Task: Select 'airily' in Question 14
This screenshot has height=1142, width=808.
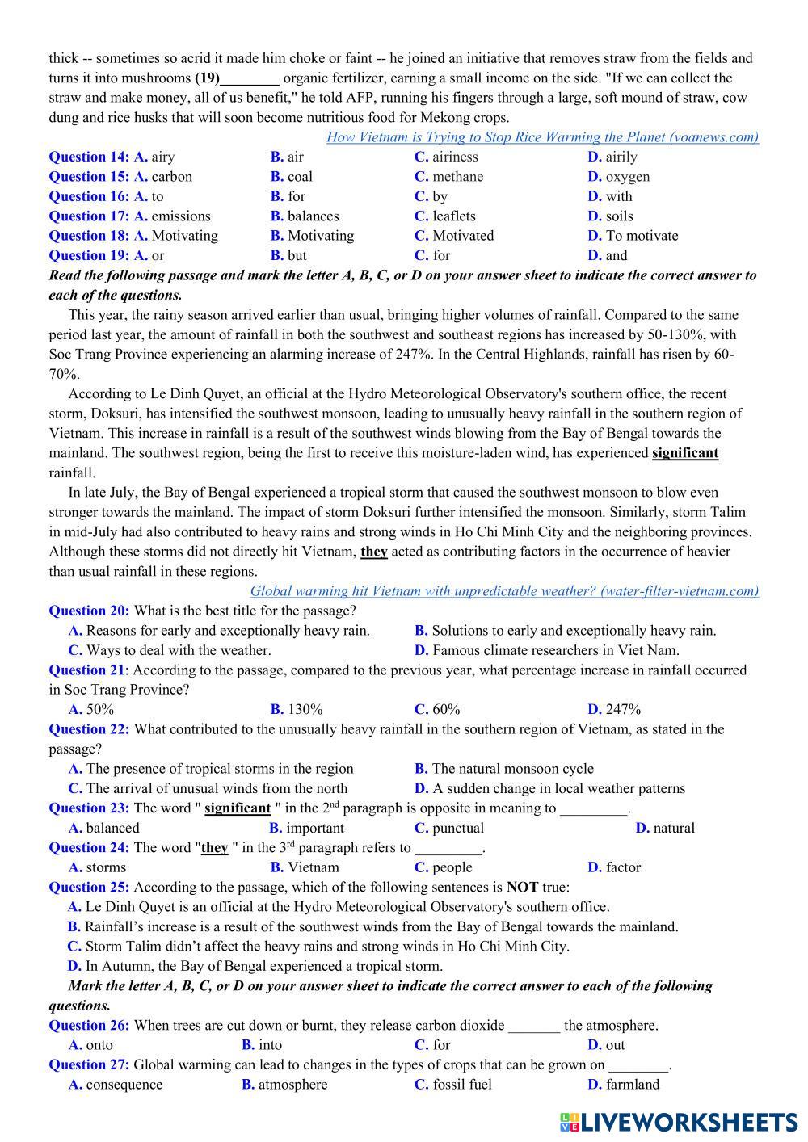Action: coord(621,157)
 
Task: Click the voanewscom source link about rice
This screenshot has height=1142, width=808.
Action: coord(542,137)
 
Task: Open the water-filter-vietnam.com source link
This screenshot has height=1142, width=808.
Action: coord(504,591)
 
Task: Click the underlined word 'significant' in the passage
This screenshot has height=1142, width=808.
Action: coord(684,453)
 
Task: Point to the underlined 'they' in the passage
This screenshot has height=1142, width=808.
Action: coord(374,552)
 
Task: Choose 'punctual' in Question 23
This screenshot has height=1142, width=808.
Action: coord(458,828)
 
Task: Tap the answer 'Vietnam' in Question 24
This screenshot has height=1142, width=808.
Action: coord(314,867)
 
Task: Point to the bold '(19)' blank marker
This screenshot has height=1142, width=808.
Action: coord(207,78)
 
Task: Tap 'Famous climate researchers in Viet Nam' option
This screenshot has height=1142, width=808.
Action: coord(556,650)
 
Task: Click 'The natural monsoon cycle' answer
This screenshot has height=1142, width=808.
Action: coord(512,769)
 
